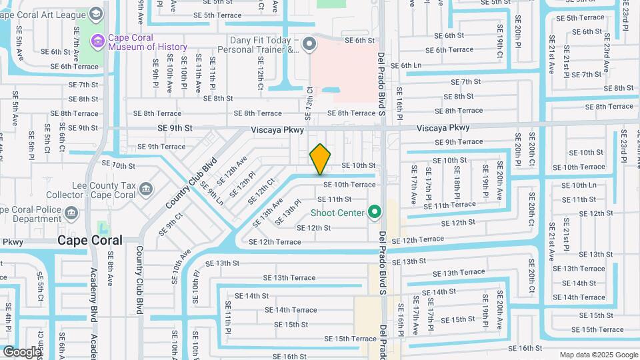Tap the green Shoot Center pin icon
[x=375, y=213]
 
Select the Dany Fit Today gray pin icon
[x=309, y=45]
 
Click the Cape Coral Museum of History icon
[x=97, y=41]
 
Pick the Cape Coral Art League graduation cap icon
[x=96, y=14]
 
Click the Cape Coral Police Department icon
[x=73, y=213]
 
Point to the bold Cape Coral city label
[x=89, y=240]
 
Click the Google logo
[x=22, y=351]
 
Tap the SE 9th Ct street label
[x=170, y=224]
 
